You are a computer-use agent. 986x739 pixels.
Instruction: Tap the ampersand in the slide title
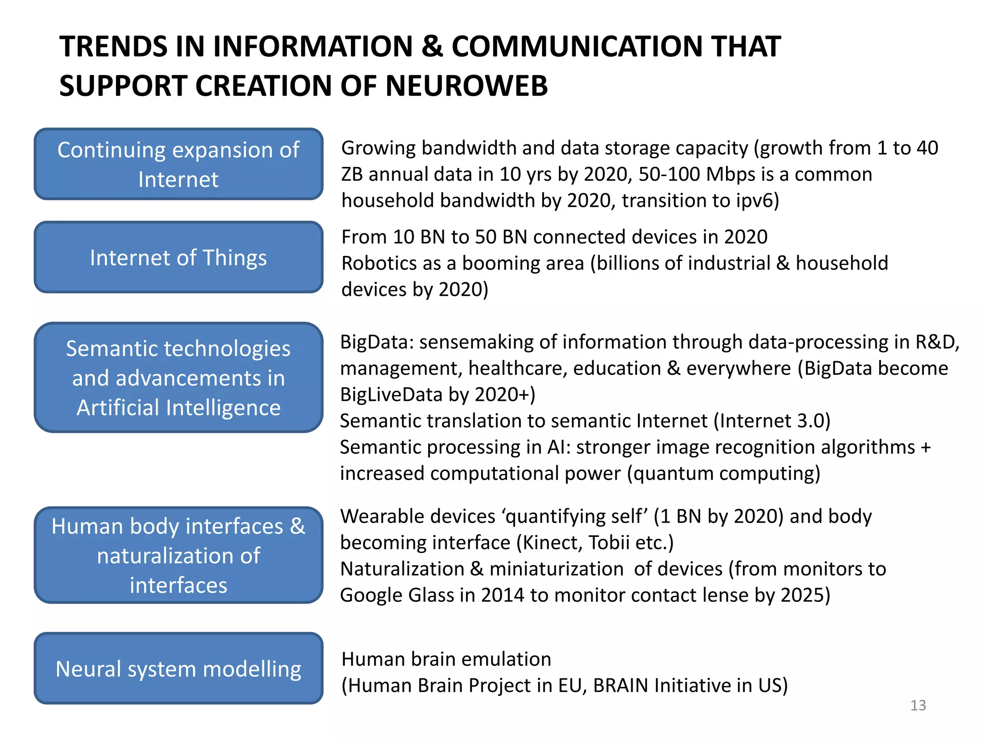[432, 47]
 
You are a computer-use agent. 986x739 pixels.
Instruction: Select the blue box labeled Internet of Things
[179, 257]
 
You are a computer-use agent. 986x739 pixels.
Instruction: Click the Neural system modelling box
[179, 668]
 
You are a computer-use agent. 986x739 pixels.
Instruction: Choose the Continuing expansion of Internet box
[179, 164]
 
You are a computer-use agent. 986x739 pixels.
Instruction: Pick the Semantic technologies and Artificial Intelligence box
[179, 377]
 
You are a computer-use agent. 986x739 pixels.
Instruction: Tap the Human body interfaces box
[179, 555]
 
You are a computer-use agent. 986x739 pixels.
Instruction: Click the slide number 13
[918, 705]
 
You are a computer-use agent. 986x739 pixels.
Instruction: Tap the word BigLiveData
[391, 395]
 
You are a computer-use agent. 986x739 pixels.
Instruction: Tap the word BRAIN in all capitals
[621, 686]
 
